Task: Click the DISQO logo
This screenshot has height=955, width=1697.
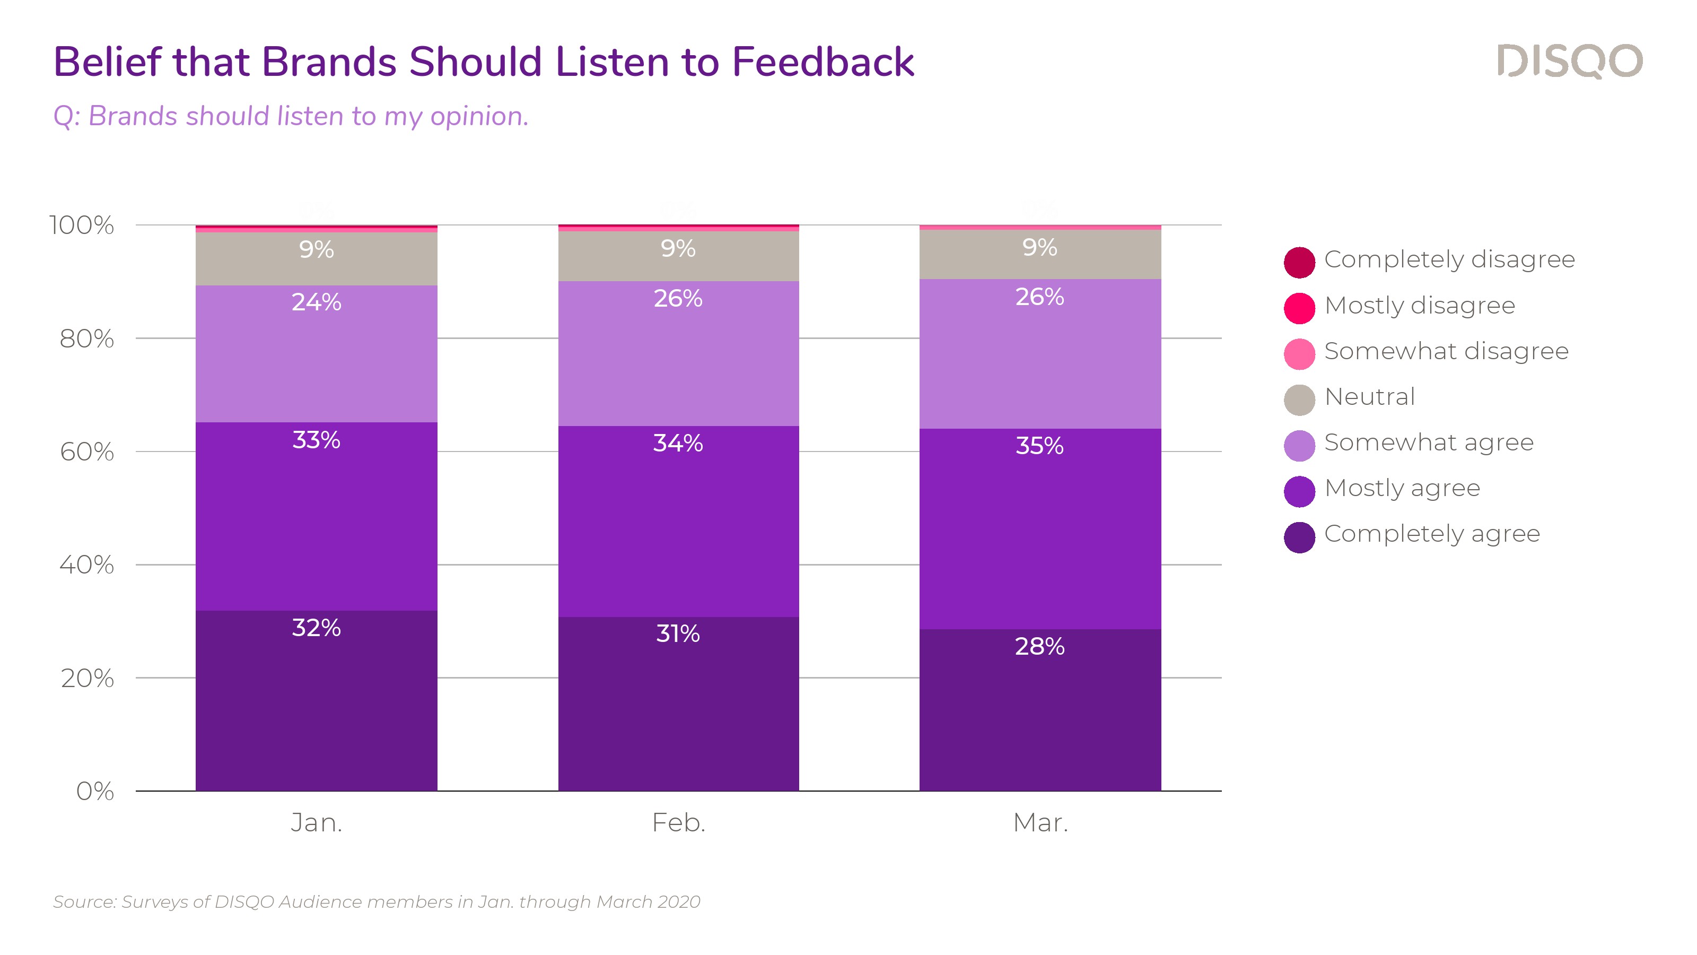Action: pos(1569,62)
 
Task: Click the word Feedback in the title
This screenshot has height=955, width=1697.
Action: pos(823,62)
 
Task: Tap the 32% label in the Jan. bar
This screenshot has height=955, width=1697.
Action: pos(316,628)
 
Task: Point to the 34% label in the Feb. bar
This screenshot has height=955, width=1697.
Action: pos(678,443)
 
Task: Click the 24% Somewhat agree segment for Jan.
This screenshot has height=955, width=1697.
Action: pos(316,356)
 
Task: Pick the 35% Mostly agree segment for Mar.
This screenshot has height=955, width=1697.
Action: pos(1039,527)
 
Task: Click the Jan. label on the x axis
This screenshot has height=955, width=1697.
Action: pos(316,822)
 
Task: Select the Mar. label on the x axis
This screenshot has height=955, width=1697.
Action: pos(1040,822)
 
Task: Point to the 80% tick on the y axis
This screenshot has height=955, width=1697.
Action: pos(86,339)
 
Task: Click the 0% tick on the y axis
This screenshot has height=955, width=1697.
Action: pos(95,791)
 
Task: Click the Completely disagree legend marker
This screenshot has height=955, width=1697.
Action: pos(1299,262)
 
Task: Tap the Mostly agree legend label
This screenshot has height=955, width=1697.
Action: pos(1402,488)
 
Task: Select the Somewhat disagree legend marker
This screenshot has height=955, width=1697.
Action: pos(1299,353)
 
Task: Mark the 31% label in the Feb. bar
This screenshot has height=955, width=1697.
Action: pos(678,633)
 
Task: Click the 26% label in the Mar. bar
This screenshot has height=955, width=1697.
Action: pos(1039,297)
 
